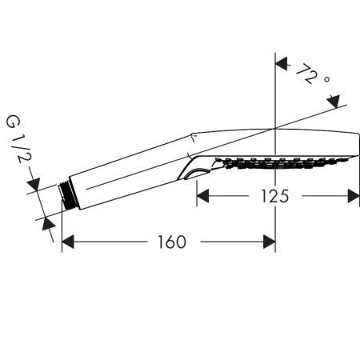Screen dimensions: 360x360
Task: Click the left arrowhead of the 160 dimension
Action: [68, 241]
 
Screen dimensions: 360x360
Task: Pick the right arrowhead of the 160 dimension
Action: [270, 241]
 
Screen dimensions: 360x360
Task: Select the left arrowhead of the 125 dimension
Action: [202, 195]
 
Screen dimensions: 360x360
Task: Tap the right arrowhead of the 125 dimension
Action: [353, 195]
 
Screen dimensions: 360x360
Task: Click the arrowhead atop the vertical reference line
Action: [275, 62]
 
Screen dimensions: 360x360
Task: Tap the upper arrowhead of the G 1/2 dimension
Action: [34, 187]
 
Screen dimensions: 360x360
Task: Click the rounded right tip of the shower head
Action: [357, 144]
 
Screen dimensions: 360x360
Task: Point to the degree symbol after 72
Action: [326, 79]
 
